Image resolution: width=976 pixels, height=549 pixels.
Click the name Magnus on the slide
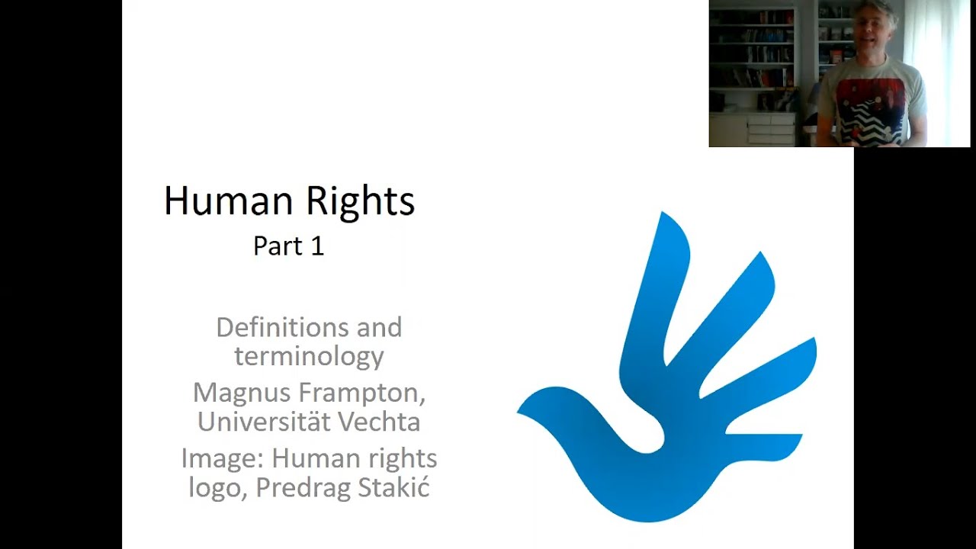click(241, 393)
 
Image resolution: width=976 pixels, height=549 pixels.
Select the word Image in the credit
click(222, 459)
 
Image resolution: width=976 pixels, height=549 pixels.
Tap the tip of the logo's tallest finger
click(665, 217)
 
